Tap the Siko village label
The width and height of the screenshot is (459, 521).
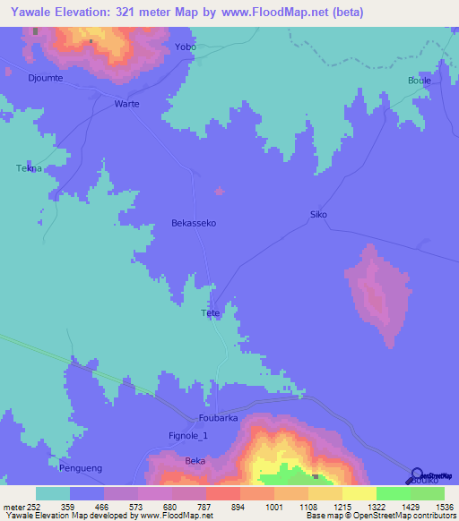[x=318, y=215]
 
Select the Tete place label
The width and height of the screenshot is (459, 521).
[x=211, y=313]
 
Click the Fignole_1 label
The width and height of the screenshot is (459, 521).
[x=188, y=436]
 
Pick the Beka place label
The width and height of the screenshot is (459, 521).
[x=195, y=460]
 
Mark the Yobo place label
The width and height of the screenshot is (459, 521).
[x=186, y=46]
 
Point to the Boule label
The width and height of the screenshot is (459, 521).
[x=420, y=81]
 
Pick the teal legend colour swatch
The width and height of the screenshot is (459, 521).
[x=53, y=493]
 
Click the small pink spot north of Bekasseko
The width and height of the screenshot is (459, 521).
[x=219, y=190]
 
